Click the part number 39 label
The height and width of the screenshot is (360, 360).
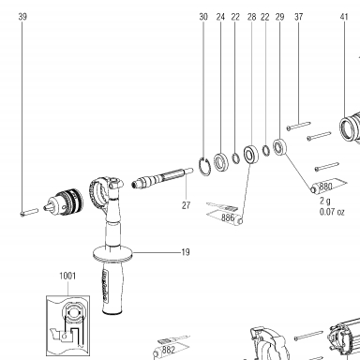tap(22, 17)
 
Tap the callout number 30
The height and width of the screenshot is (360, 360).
tap(203, 17)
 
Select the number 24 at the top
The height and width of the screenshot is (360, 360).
tap(220, 17)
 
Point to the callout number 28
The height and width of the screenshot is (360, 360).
tap(251, 17)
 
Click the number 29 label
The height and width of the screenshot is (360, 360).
tap(279, 17)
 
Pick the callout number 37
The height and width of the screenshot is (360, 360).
tap(299, 17)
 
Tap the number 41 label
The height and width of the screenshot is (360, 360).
tap(344, 17)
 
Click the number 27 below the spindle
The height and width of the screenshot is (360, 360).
tap(186, 205)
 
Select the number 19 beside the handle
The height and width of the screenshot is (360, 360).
tap(186, 252)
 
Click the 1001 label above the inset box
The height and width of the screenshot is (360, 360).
tap(67, 276)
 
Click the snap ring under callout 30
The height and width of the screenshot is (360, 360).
tap(204, 166)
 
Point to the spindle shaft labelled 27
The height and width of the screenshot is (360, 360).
tap(162, 178)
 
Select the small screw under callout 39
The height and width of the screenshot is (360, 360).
tap(29, 212)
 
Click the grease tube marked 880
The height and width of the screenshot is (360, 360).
tap(328, 186)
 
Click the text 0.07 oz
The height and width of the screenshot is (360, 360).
tap(332, 212)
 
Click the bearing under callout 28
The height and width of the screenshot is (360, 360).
tap(250, 155)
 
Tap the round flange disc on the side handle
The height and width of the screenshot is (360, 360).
tap(113, 253)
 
